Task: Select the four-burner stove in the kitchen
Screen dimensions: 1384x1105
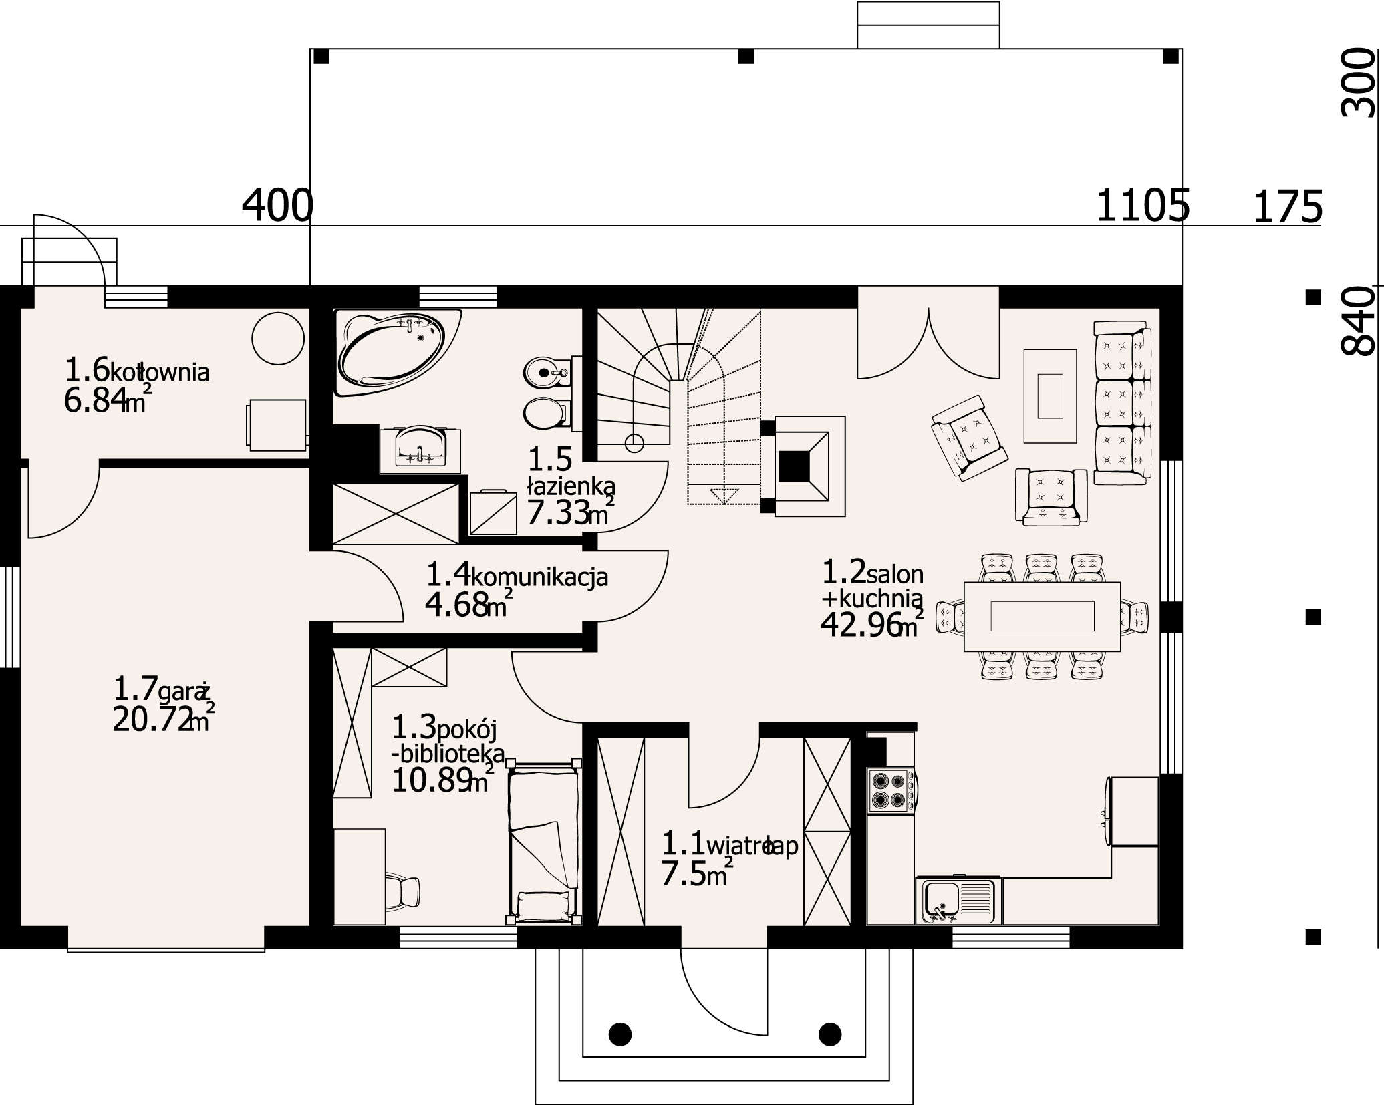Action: pos(891,791)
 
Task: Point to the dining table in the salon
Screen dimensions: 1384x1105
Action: pos(1043,616)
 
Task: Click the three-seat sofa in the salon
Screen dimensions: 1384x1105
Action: pos(1123,403)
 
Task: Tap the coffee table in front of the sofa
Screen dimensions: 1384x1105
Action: pos(1050,396)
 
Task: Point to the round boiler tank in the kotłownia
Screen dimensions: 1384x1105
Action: pos(278,339)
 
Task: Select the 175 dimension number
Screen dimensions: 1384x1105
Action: pos(1286,206)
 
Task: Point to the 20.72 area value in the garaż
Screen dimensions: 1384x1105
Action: pos(151,720)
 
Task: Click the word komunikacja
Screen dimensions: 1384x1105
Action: pos(540,577)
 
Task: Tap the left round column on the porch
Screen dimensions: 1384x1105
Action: pos(620,1034)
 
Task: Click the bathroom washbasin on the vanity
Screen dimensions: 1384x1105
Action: pos(420,445)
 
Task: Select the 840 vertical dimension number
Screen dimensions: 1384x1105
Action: pos(1360,321)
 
